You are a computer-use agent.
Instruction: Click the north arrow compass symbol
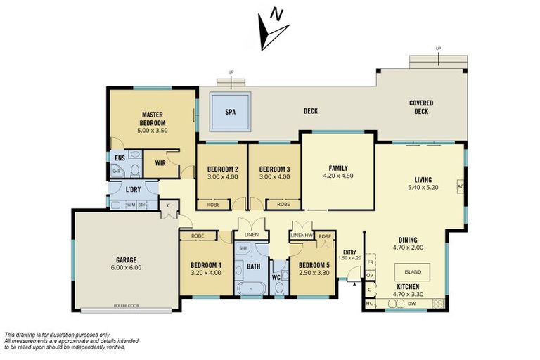click(x=273, y=32)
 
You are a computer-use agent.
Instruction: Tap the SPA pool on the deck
click(x=230, y=112)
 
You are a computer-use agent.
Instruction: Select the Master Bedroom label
click(x=153, y=119)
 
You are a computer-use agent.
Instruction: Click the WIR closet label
click(x=160, y=164)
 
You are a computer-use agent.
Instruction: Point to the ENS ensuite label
click(x=120, y=158)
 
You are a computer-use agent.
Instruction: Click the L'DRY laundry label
click(x=133, y=190)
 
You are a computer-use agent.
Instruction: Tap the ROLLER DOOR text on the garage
click(x=127, y=306)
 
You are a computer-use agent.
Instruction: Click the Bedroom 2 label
click(x=223, y=172)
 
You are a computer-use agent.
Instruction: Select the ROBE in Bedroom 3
click(x=283, y=205)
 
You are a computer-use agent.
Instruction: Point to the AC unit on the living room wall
click(x=461, y=187)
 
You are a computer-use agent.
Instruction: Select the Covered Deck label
click(x=421, y=107)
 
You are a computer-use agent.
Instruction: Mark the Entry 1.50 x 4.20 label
click(x=349, y=255)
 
